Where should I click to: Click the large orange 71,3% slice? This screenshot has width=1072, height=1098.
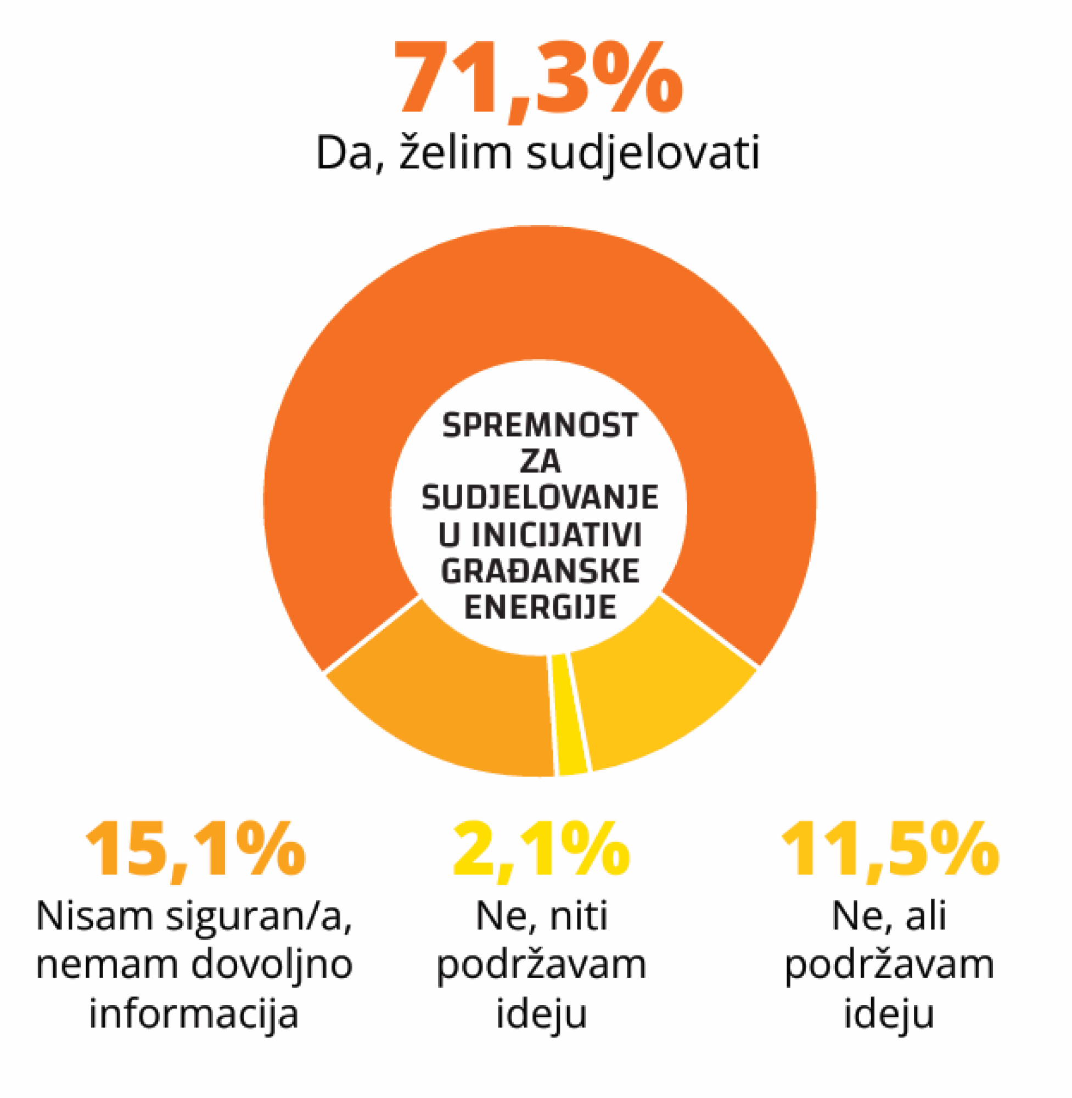(x=540, y=293)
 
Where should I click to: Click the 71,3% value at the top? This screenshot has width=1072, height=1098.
(x=538, y=79)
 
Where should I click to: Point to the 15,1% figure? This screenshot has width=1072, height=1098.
(x=194, y=851)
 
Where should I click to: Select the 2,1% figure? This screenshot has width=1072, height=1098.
(x=541, y=851)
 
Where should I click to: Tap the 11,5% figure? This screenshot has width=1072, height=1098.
(x=890, y=851)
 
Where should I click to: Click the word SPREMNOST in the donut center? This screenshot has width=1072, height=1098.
(x=540, y=425)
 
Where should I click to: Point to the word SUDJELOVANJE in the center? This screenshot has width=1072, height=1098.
(x=540, y=498)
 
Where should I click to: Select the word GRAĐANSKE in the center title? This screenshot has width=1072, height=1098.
(x=540, y=571)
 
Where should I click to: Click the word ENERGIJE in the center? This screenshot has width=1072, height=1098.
(x=540, y=607)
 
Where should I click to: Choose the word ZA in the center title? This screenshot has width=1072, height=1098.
(x=540, y=462)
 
